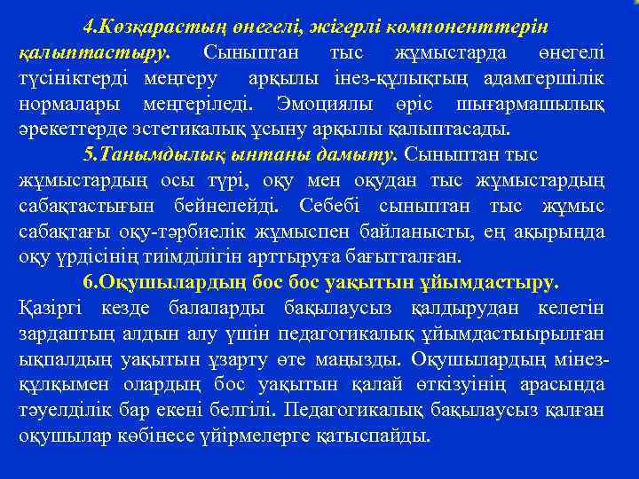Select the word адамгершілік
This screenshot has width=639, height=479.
pos(546,77)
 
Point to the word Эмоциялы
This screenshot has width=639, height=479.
pos(319,103)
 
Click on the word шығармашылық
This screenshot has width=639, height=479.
pos(543,103)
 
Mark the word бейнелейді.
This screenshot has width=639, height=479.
pos(225,206)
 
